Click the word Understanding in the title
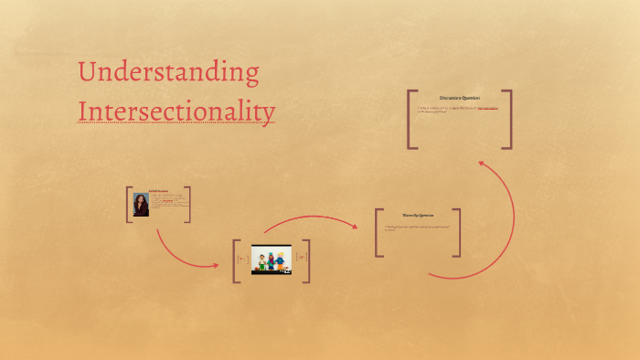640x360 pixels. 168,73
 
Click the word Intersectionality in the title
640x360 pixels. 176,111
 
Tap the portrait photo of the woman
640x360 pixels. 142,204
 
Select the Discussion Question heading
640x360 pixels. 460,98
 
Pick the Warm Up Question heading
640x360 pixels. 418,217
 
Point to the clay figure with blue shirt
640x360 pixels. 276,260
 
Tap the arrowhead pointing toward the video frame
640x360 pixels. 215,265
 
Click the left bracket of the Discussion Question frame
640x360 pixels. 411,119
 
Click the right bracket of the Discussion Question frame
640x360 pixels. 509,119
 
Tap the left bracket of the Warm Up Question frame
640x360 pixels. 378,232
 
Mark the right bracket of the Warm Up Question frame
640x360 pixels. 458,232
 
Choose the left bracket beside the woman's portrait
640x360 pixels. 129,204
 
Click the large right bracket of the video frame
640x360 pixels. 307,260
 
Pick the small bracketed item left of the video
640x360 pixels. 242,259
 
